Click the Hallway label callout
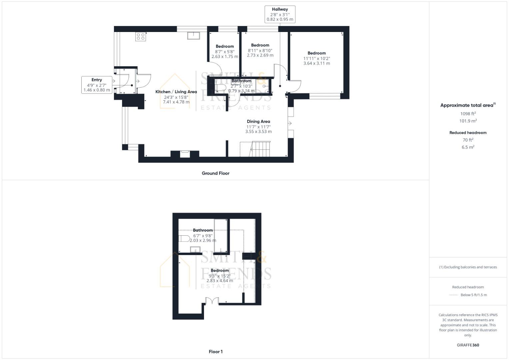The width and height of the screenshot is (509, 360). coord(280,14)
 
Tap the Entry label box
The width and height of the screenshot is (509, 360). coord(97,85)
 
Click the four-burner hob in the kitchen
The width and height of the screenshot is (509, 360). coord(141,36)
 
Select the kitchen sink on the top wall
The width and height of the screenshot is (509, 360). coord(193,35)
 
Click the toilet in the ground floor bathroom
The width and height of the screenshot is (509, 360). coord(220,88)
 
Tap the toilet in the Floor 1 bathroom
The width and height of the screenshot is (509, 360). coord(184,238)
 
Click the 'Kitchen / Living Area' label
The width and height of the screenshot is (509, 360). coord(176,92)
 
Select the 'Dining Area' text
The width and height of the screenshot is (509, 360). coord(258,121)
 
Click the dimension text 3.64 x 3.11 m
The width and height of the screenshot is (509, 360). coord(316,63)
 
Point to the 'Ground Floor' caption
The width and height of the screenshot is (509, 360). coord(215,173)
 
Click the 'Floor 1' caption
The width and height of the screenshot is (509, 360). coord(215,352)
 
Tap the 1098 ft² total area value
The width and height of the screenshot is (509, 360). coord(468,114)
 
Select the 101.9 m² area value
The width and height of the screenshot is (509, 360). coord(468,121)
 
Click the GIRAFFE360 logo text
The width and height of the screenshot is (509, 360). coord(468,345)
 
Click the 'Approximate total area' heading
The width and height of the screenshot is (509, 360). coord(467,105)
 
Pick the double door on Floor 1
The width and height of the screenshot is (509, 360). coord(212,301)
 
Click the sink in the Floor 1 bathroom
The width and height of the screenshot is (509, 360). coord(195,250)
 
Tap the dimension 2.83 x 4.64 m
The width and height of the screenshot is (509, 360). coord(220,281)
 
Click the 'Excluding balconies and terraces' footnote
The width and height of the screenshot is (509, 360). coord(468,267)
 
